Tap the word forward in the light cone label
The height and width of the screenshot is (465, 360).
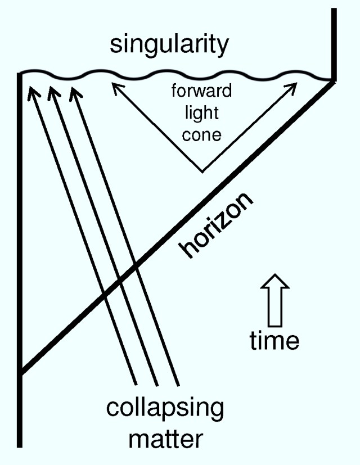point(201,91)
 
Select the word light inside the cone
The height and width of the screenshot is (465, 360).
point(201,112)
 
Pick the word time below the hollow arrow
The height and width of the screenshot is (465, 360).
point(274,340)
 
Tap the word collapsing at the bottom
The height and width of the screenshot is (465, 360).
point(164,407)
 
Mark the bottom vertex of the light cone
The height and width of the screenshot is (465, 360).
point(202,171)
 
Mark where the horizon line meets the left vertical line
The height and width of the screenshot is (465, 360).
point(21,372)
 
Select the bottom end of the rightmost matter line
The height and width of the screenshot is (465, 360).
point(178,385)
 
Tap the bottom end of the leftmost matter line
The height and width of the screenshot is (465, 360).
point(136,385)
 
